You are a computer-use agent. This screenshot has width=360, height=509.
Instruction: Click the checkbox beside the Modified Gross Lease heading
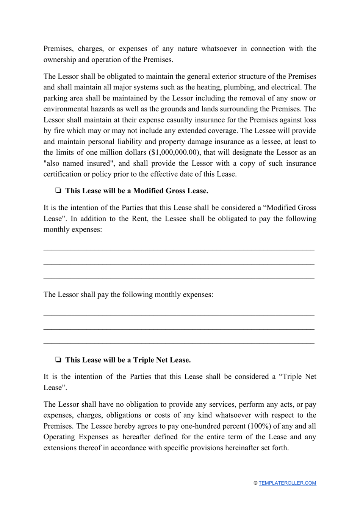pos(58,191)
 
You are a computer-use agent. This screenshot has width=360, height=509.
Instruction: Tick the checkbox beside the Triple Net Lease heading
pos(58,360)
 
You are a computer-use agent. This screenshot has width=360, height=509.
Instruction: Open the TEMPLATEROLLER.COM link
pos(287,483)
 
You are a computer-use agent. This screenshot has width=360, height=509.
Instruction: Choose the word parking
pos(56,98)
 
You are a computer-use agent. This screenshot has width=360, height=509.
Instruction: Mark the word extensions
pos(61,448)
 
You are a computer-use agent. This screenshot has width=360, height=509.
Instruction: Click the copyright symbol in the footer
pos(255,483)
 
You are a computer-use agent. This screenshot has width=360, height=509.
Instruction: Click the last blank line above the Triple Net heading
pos(179,342)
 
